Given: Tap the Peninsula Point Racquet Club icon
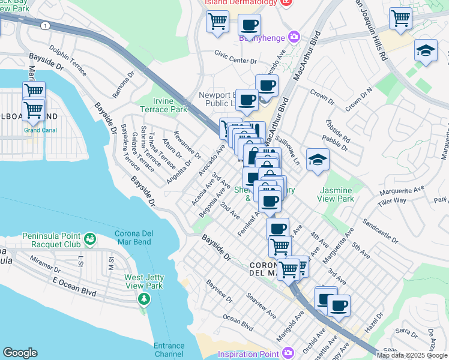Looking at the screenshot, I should coord(90,239).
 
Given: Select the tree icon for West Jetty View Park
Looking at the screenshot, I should coord(143,298).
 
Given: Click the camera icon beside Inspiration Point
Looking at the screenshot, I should coord(288,352).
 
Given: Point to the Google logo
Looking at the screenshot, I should coord(20,353).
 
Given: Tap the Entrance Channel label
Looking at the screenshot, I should coord(169,350).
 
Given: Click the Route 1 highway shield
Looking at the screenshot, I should coord(45,25).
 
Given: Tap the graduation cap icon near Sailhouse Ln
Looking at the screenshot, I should coord(318,160).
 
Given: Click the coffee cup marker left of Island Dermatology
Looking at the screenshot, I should coord(249,25).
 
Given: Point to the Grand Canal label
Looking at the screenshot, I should coord(40,130).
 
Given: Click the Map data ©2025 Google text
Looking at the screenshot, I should coord(411,355).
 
